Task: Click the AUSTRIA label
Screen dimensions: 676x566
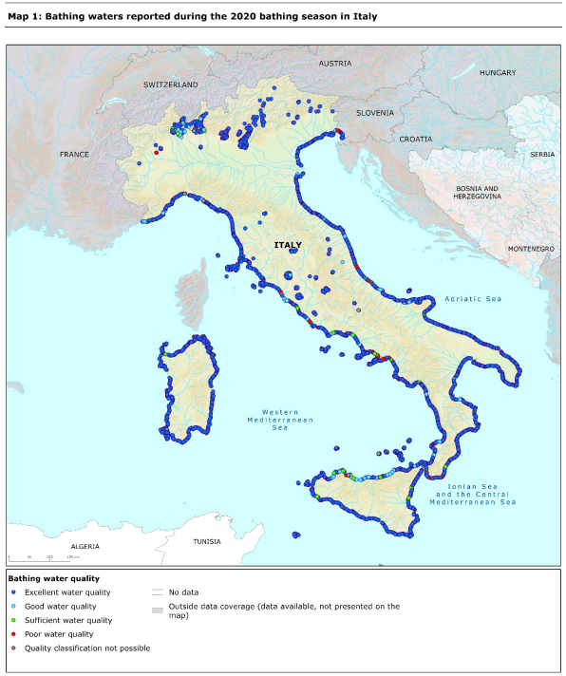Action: coord(334,64)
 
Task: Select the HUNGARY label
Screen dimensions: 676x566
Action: coord(498,73)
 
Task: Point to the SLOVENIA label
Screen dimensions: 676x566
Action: coord(374,113)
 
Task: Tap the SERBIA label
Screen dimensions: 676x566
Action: coord(543,154)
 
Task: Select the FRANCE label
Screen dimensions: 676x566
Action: coord(73,154)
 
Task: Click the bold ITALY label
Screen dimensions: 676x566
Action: coord(288,245)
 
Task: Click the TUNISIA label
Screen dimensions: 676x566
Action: coord(207,541)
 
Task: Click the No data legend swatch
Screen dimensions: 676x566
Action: coord(159,591)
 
